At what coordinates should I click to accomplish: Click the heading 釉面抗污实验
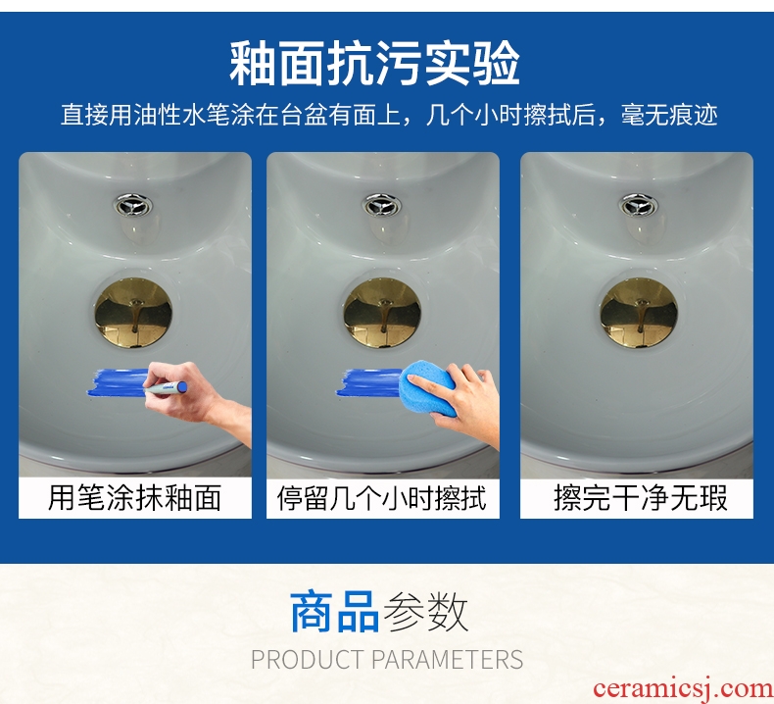[x=374, y=63]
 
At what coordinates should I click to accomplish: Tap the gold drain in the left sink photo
[x=133, y=312]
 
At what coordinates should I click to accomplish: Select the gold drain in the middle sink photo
[x=382, y=312]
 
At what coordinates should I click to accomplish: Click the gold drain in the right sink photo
[x=639, y=312]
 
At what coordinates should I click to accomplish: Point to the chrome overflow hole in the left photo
[x=133, y=205]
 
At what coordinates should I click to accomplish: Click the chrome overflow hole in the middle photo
[x=382, y=205]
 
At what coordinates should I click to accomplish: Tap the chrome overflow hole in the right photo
[x=638, y=205]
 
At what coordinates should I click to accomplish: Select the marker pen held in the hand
[x=167, y=388]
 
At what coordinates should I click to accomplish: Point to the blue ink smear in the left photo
[x=118, y=382]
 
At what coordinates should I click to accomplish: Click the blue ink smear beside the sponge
[x=368, y=382]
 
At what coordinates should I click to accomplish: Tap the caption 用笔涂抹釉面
[x=134, y=497]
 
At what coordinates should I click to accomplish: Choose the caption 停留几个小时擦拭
[x=382, y=498]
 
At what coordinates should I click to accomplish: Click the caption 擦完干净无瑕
[x=641, y=498]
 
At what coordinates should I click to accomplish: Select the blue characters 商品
[x=334, y=612]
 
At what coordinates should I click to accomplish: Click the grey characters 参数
[x=425, y=612]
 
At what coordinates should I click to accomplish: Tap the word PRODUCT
[x=307, y=660]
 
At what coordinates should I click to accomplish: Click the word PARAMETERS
[x=447, y=660]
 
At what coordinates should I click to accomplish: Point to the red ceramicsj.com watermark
[x=683, y=688]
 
